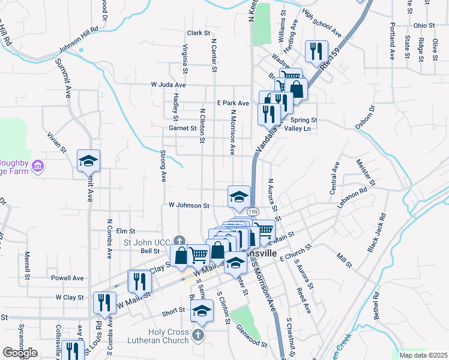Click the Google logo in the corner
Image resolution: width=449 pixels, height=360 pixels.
click(x=20, y=353)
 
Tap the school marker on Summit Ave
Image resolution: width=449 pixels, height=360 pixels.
click(x=88, y=160)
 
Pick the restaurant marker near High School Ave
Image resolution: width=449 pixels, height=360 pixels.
click(x=316, y=52)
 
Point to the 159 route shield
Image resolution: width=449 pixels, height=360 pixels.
click(x=253, y=212)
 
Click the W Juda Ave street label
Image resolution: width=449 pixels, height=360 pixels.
click(x=169, y=85)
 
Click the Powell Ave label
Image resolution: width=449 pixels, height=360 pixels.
click(x=67, y=278)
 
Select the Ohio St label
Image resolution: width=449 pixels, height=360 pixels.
click(x=424, y=26)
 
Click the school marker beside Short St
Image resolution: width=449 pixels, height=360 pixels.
click(x=202, y=311)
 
